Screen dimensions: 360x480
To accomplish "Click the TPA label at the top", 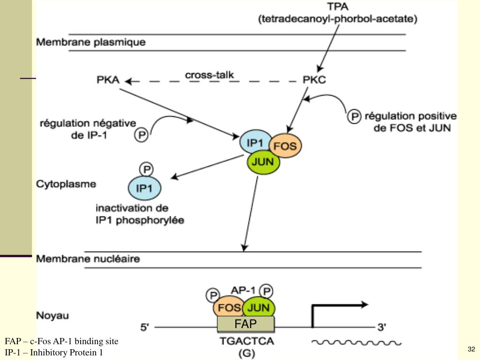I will (337, 7).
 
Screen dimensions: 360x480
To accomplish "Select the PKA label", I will (107, 81).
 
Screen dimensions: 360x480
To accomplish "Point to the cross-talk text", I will (209, 75).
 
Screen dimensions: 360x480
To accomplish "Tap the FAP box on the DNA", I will (245, 323).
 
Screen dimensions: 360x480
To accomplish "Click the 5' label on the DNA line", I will (145, 326).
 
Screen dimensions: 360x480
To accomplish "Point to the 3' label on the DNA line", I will (382, 326).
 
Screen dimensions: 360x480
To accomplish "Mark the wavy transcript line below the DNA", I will (356, 343).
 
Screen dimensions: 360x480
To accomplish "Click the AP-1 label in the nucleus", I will (244, 290).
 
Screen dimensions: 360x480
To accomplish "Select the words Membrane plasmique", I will (91, 42).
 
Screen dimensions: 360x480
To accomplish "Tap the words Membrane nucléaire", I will (88, 258).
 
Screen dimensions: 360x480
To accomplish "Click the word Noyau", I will (52, 315).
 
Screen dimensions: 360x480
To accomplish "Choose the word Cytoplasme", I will (66, 184).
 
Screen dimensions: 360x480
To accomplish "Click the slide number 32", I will (471, 349).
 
